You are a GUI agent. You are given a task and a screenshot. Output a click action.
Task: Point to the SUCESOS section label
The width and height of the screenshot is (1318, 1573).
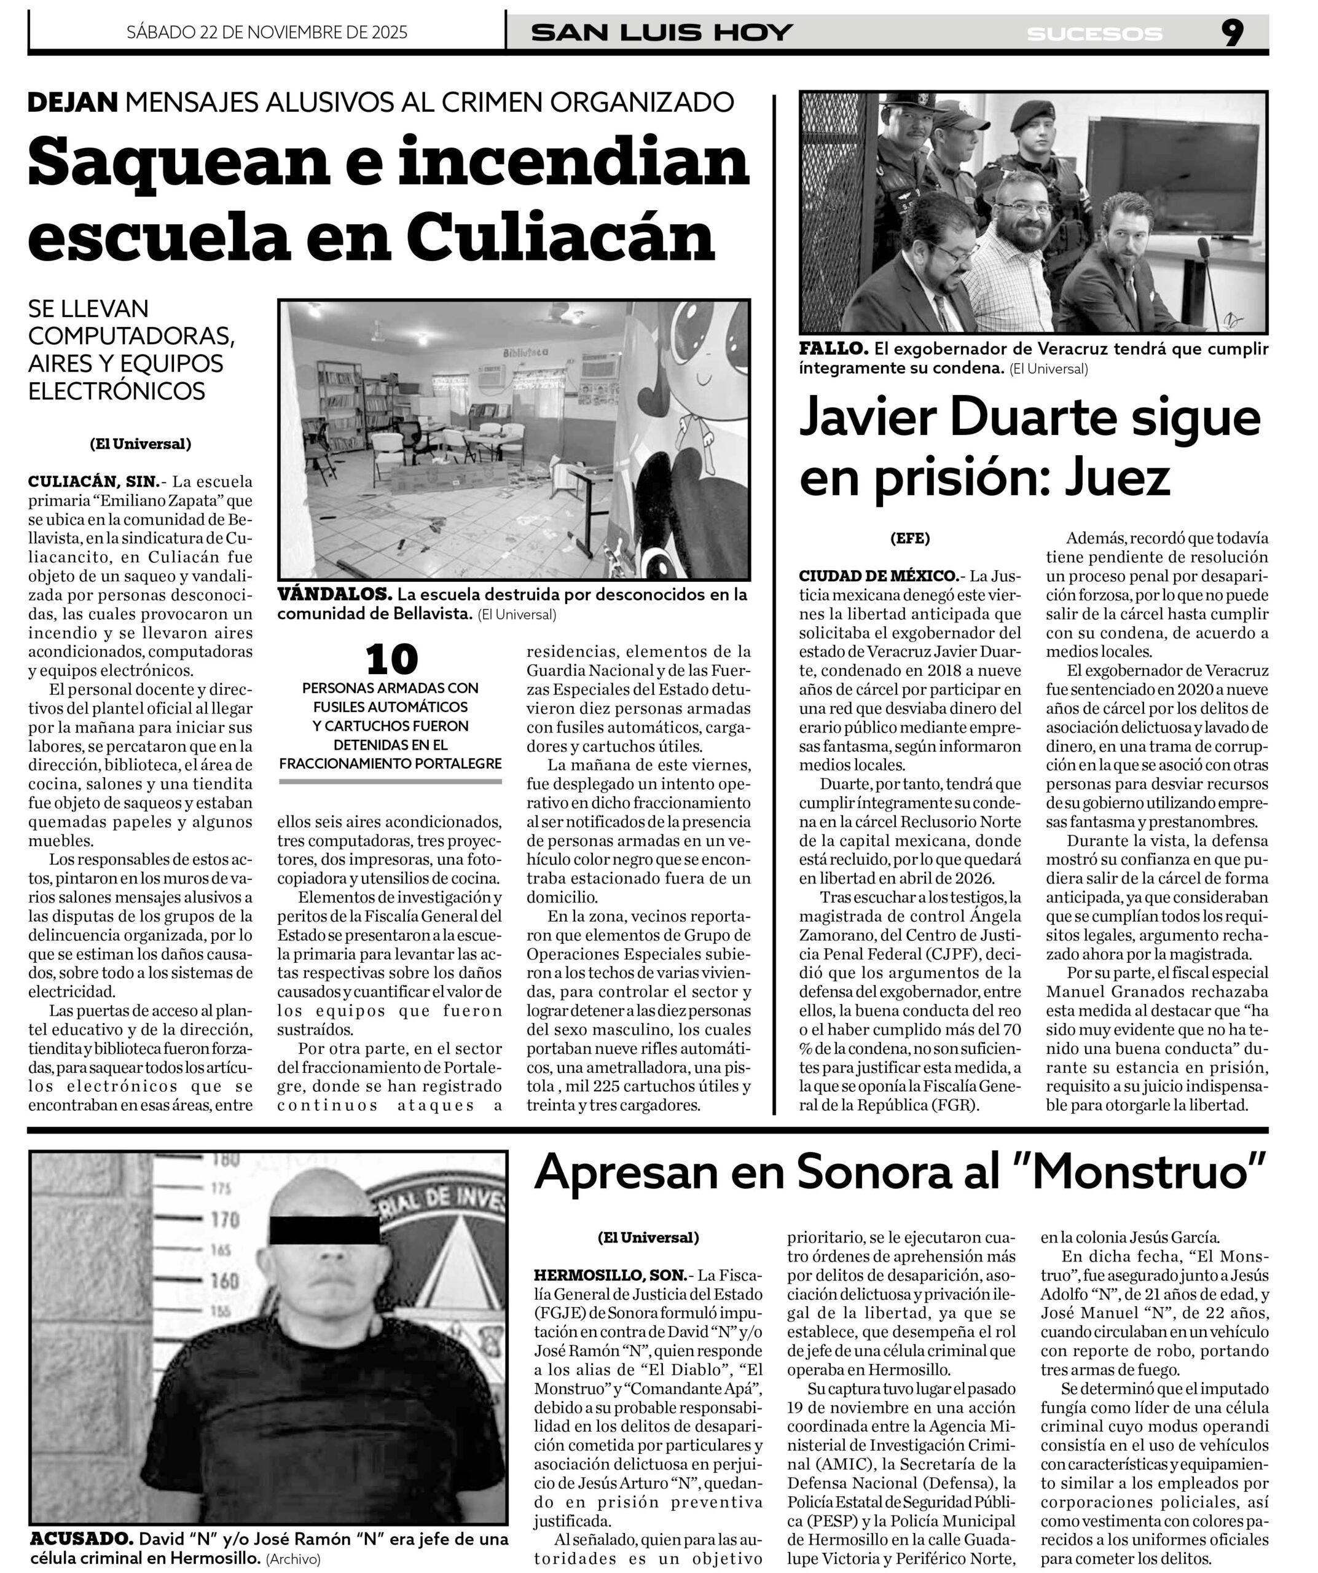tap(1094, 34)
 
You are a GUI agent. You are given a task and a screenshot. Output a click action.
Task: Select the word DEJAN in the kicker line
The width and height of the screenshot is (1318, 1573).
tap(73, 103)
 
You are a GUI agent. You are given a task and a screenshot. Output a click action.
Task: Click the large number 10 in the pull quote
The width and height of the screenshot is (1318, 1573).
tap(391, 660)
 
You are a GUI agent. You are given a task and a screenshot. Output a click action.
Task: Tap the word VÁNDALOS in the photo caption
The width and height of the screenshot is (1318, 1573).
tap(334, 595)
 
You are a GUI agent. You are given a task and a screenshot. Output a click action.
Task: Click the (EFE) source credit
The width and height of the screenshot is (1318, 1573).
tap(910, 538)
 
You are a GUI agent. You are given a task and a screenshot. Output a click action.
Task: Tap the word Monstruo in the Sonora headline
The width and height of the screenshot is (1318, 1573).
tap(1143, 1173)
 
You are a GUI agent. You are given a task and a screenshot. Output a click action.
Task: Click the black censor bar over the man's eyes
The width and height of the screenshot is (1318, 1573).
tap(324, 1231)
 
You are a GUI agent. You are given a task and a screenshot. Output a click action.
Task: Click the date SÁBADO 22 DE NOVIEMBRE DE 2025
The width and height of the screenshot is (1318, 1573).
tap(267, 32)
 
